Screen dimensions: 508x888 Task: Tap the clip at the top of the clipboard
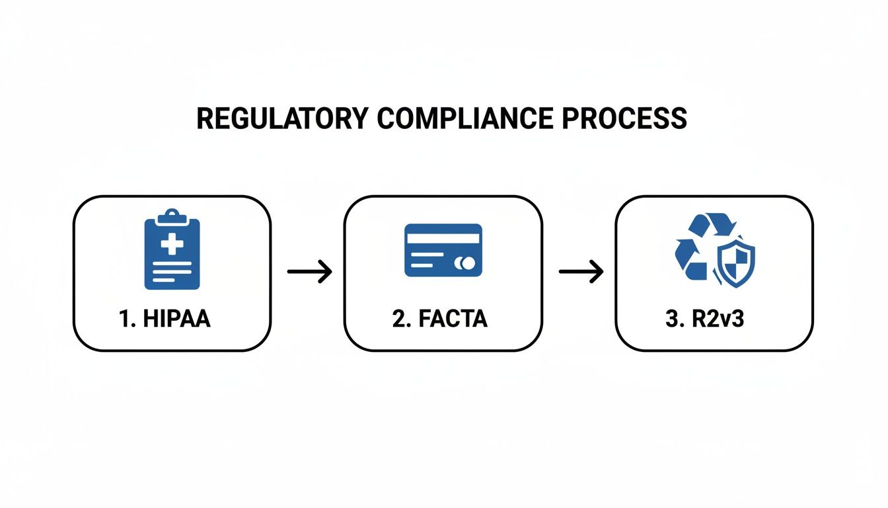pyautogui.click(x=172, y=215)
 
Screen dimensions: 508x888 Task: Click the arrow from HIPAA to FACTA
pyautogui.click(x=309, y=272)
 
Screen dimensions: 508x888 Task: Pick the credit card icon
pyautogui.click(x=443, y=249)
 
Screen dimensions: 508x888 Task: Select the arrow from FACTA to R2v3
pyautogui.click(x=581, y=272)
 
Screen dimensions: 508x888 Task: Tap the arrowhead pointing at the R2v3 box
pyautogui.click(x=597, y=272)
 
